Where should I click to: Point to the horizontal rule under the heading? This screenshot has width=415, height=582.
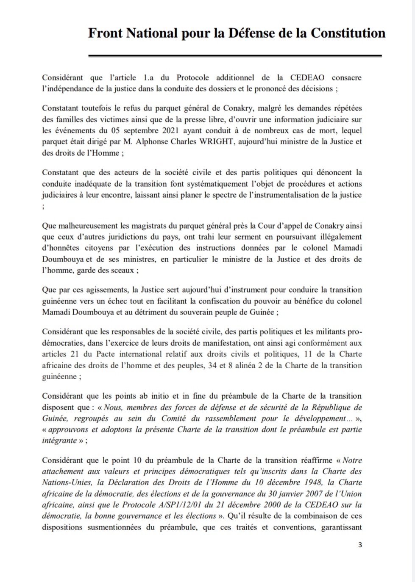tap(235, 56)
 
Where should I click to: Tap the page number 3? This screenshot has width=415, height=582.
tap(360, 545)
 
